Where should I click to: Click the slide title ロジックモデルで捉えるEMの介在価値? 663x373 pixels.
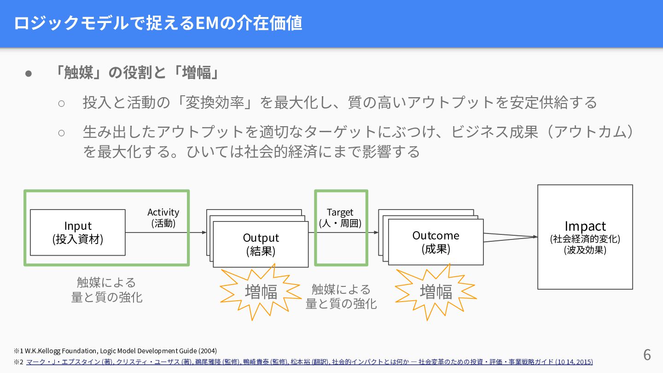point(158,23)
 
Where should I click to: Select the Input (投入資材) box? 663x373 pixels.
point(78,233)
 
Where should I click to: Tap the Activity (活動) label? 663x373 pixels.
point(163,218)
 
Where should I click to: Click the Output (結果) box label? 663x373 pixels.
point(261,245)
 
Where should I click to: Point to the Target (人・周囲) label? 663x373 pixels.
point(340,218)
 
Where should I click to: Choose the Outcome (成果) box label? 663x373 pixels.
point(436,242)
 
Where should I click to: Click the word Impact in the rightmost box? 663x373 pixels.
point(585,226)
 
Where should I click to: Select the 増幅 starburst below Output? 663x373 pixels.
point(261,292)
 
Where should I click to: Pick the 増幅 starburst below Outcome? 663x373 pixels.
point(436,291)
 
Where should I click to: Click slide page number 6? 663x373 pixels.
point(647,355)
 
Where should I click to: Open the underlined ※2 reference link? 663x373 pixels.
point(309,362)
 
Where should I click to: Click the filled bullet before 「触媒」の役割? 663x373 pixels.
point(29,73)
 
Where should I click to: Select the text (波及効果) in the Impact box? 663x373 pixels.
point(585,250)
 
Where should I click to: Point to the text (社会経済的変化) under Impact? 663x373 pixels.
point(585,239)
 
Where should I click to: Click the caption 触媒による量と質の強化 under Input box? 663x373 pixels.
point(107,290)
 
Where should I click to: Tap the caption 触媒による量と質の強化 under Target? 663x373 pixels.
point(341,296)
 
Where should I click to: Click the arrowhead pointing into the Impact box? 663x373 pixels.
point(535,237)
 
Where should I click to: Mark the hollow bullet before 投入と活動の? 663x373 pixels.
point(62,103)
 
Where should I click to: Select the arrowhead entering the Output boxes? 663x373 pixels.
point(204,233)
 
